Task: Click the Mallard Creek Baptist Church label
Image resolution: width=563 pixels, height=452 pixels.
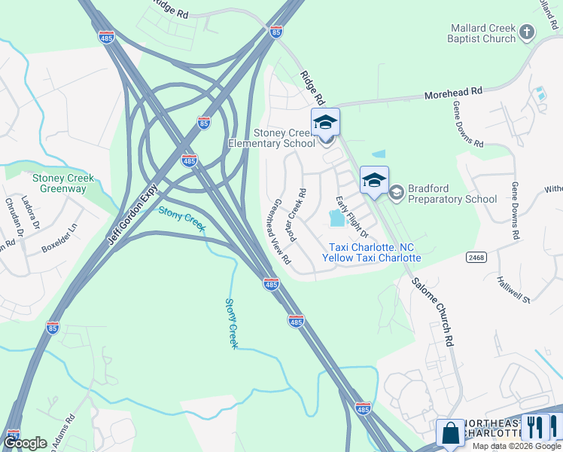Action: pos(481,33)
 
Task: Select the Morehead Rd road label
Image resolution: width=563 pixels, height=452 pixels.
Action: pos(453,92)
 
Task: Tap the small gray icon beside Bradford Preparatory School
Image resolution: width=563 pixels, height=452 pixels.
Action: pos(396,193)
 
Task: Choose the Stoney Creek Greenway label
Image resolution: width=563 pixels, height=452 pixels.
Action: pos(63,184)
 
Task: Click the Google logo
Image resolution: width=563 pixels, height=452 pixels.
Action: pos(25,443)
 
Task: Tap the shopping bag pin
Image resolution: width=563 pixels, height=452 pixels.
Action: pos(450,433)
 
